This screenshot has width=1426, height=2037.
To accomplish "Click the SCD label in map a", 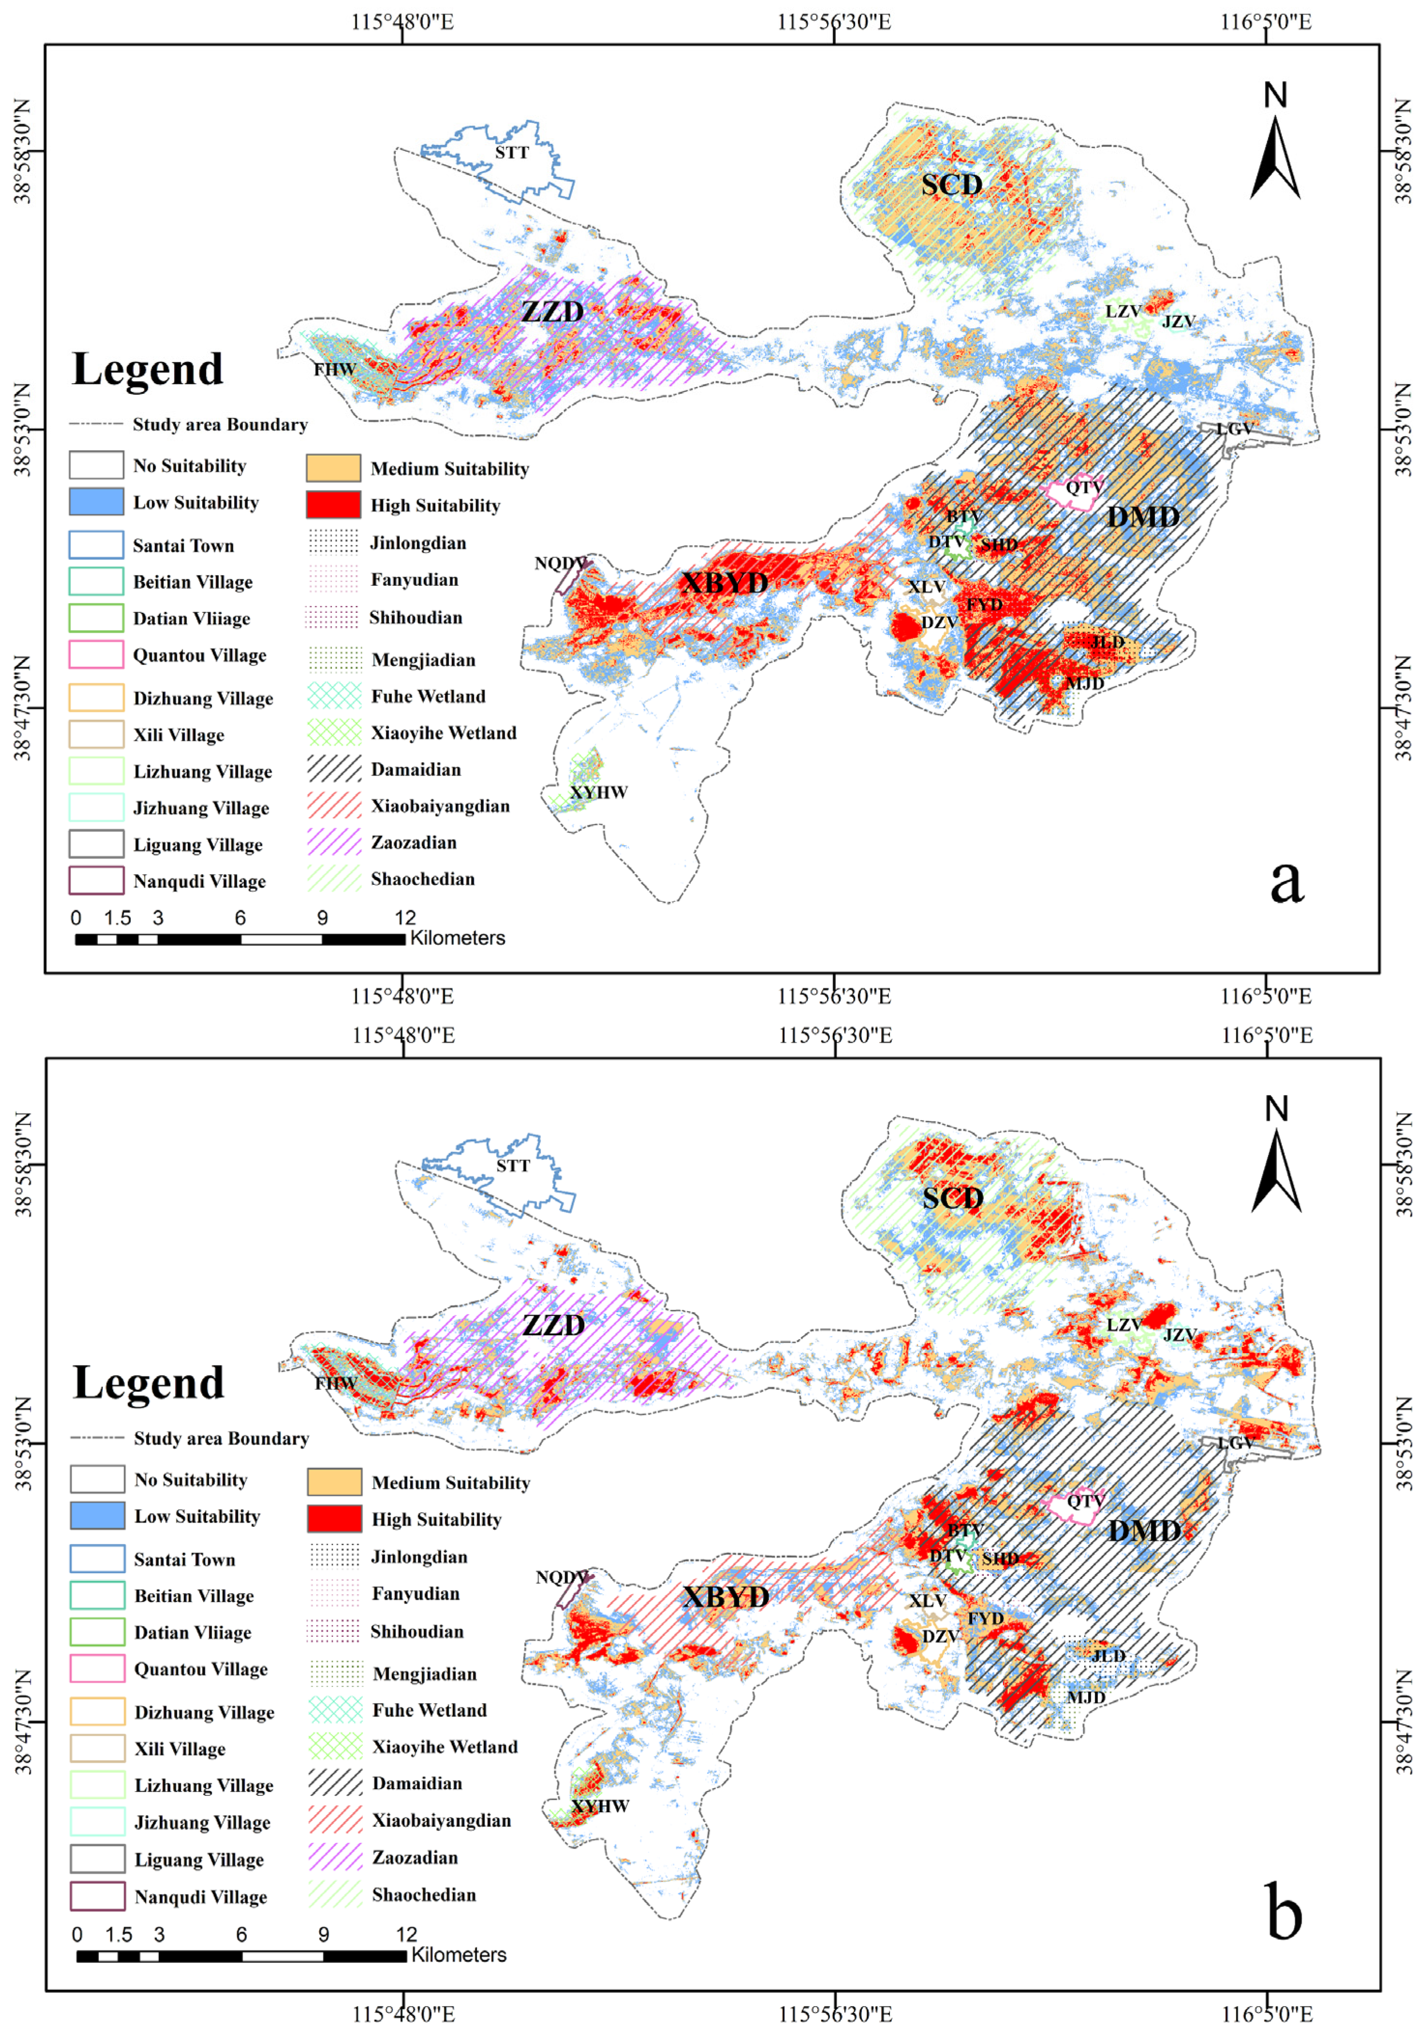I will [951, 185].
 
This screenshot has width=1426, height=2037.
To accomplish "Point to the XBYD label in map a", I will [724, 582].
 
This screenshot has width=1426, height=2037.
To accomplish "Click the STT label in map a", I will [512, 153].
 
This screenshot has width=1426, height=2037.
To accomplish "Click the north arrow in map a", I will [1275, 142].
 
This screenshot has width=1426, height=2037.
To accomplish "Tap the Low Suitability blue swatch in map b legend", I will [98, 1516].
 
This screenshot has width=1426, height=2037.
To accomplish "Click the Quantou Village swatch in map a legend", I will [97, 655].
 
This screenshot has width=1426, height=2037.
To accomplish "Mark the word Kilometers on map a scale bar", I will [458, 938].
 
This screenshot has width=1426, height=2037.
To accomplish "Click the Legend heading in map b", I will [148, 1383].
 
